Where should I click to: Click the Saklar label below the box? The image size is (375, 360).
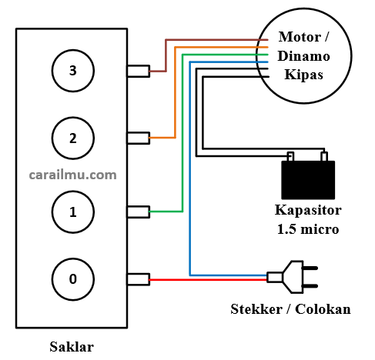pos(72,347)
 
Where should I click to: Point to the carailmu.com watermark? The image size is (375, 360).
pos(73,175)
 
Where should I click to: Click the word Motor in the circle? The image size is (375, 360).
pos(300,37)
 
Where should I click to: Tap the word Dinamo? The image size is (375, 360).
pos(303,56)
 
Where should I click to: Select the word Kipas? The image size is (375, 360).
pos(303,75)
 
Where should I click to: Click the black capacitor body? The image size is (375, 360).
pos(308,180)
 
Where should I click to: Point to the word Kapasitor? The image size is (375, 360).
pos(308,210)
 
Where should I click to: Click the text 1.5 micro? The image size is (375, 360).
pos(308,229)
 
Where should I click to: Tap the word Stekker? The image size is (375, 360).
pos(256,309)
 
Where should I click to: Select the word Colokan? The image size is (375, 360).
pos(323,309)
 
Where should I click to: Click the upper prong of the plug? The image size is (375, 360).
pos(310,268)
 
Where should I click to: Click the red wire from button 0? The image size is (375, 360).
pos(208,279)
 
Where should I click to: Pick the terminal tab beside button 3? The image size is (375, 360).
pos(139,71)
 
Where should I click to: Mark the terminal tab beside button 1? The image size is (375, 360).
pos(139,212)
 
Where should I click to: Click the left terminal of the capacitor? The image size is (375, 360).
pos(290,156)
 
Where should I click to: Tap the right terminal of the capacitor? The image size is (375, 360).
pos(324,156)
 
